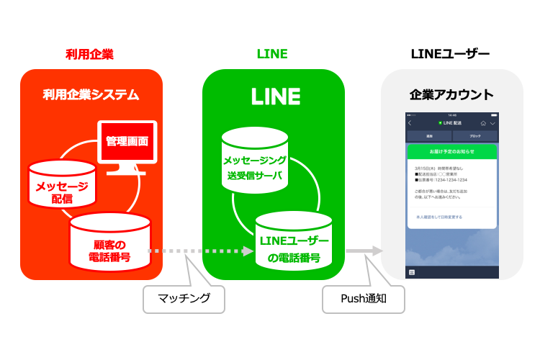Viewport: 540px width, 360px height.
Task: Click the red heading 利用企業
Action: pos(89,54)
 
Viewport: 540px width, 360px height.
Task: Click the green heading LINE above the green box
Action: pos(272,54)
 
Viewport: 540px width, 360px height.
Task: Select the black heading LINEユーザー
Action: pos(450,54)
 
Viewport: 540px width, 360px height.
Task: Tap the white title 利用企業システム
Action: pos(91,94)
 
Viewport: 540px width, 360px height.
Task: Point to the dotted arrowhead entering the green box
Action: pos(248,251)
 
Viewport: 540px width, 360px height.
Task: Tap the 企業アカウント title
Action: pos(451,94)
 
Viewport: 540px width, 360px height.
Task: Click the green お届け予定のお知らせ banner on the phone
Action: pos(451,152)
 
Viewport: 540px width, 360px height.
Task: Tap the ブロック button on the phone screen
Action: pos(474,135)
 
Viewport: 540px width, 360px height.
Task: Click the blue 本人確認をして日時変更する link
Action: pos(439,216)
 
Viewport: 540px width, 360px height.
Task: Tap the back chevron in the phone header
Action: pos(410,123)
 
